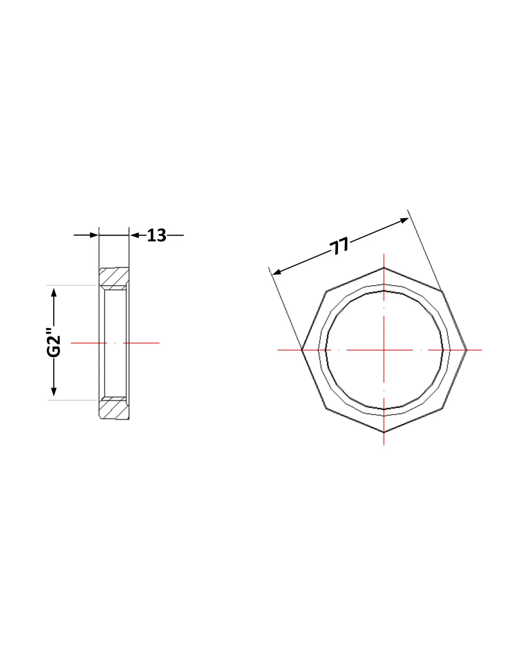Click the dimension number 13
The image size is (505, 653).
point(156,235)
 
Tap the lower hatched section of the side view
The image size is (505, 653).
point(114,408)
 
